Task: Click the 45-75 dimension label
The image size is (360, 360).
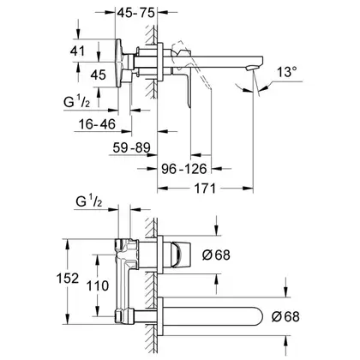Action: [x=136, y=13]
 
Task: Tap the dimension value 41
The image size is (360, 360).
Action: [x=77, y=51]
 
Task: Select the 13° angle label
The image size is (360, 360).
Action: [x=287, y=72]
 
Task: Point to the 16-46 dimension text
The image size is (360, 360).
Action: [x=97, y=124]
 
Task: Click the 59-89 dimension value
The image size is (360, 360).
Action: [x=131, y=147]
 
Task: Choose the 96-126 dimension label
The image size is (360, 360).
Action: [x=184, y=169]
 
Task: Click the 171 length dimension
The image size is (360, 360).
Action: [x=205, y=189]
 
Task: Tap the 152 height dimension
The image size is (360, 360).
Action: [x=68, y=279]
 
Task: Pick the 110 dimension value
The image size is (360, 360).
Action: [x=98, y=285]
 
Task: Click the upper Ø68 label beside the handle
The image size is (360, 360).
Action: [x=216, y=255]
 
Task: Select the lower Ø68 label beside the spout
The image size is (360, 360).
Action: [x=285, y=316]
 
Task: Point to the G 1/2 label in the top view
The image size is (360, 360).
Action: [x=76, y=101]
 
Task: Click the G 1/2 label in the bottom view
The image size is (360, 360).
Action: [x=89, y=201]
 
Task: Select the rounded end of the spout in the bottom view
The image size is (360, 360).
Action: [x=258, y=316]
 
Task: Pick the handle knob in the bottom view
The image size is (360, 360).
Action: [x=181, y=255]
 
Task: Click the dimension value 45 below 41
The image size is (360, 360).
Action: [x=99, y=75]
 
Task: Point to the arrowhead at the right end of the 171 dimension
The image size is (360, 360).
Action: [x=249, y=189]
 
